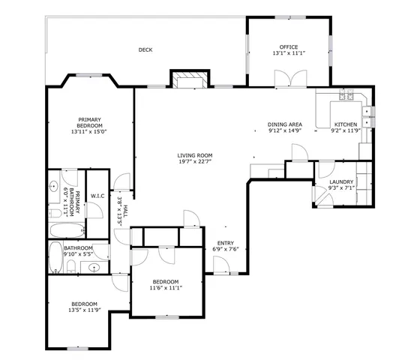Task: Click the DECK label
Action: pos(145,50)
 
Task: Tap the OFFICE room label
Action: pos(289,46)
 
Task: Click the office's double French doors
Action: pos(289,79)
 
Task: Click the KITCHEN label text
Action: pos(346,124)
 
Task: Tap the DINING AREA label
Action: pos(285,124)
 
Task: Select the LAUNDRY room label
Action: pos(341,181)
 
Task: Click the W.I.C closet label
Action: pos(97,196)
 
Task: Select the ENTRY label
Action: pos(226,242)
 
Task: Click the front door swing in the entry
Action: pos(220,265)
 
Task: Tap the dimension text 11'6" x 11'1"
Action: pos(166,287)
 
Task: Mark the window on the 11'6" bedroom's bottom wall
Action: pos(166,316)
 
